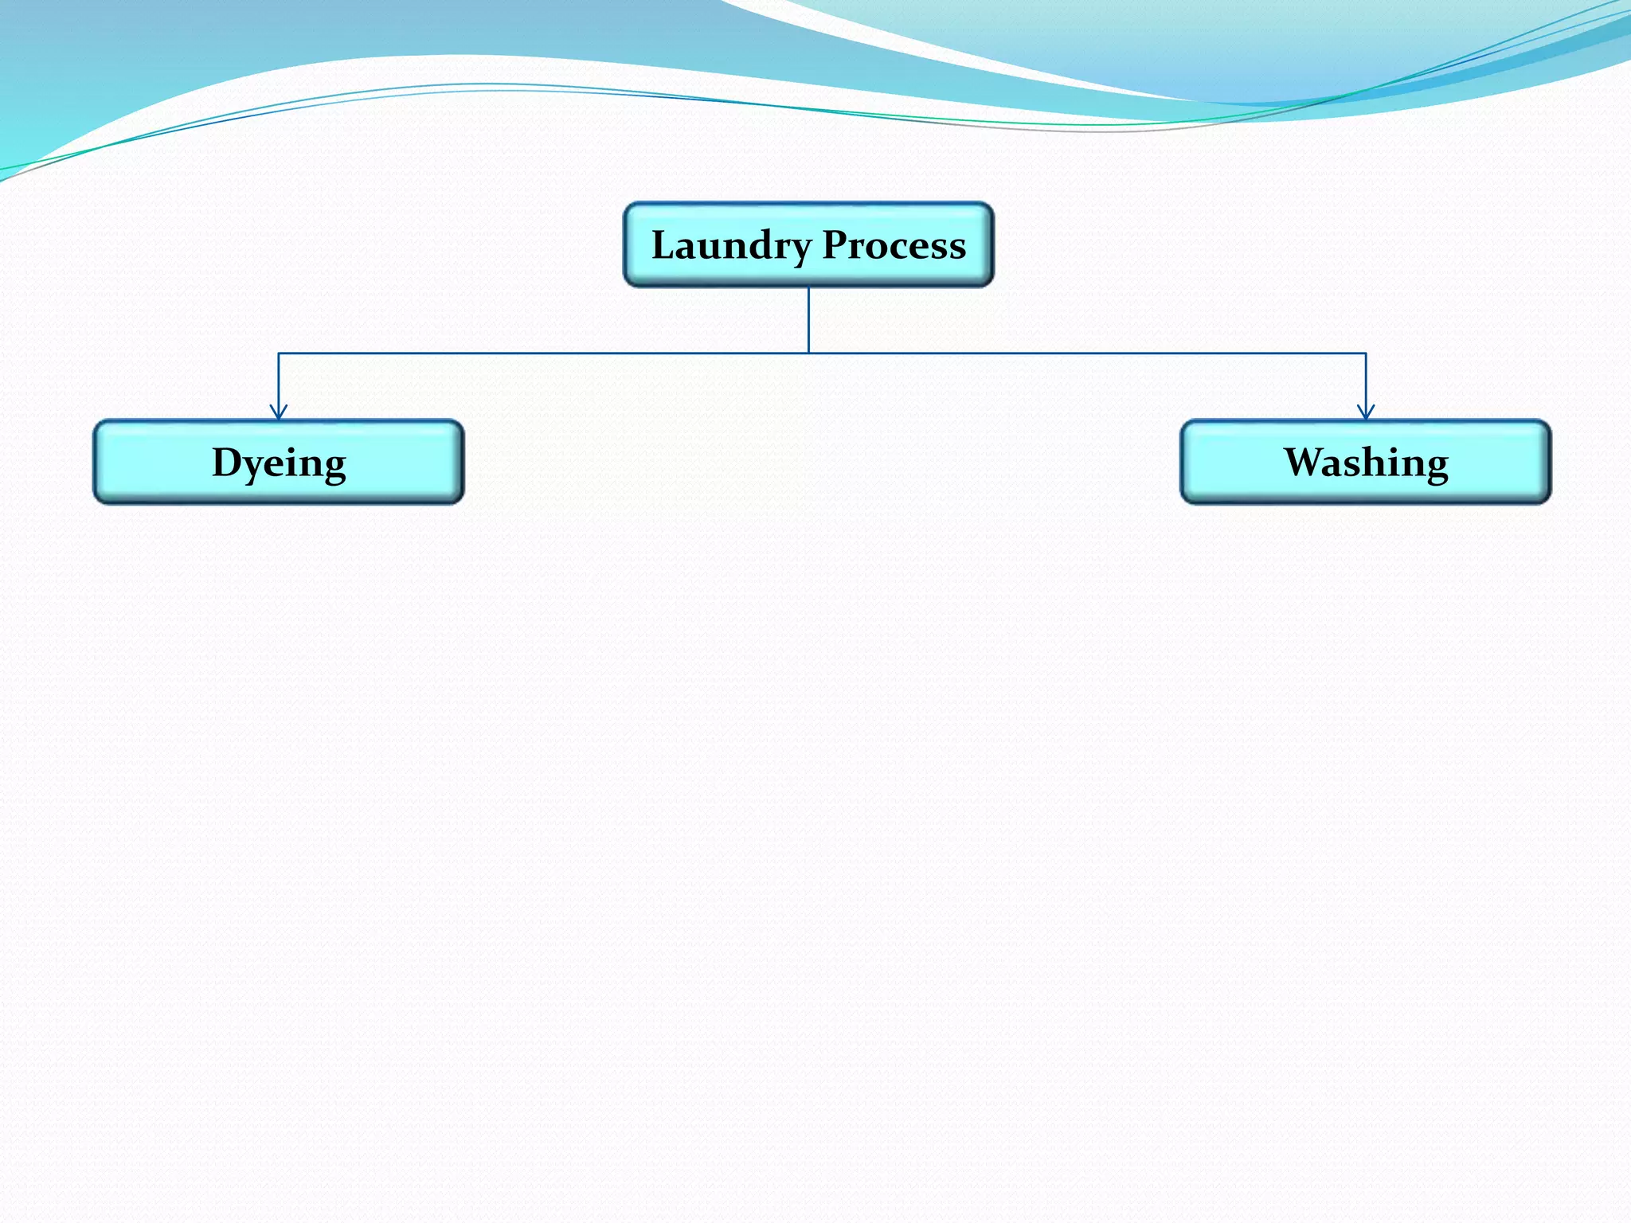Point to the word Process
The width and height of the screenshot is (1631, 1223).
click(x=894, y=245)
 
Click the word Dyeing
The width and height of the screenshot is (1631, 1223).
click(x=279, y=463)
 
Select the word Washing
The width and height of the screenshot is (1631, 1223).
click(x=1366, y=463)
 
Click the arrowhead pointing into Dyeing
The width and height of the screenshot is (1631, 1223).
click(x=279, y=412)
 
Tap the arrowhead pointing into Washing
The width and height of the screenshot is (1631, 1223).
click(x=1366, y=412)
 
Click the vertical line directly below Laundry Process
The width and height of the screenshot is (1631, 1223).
click(x=808, y=318)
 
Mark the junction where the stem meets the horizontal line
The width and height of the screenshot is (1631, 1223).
click(x=808, y=353)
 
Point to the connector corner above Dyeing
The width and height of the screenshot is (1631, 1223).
click(x=279, y=353)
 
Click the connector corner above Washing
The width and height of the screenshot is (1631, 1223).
click(x=1366, y=353)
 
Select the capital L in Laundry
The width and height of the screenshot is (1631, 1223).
click(x=663, y=244)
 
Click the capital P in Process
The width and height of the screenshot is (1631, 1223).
click(x=835, y=244)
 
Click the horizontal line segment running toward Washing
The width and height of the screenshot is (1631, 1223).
click(x=1087, y=353)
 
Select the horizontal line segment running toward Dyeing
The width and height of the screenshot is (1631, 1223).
click(x=542, y=353)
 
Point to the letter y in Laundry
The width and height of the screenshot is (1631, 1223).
click(x=800, y=250)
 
